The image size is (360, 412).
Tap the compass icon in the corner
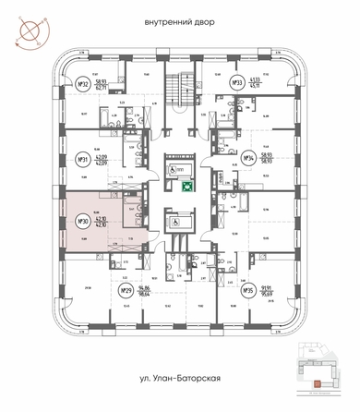point(27,27)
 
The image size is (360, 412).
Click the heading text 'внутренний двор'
point(180,22)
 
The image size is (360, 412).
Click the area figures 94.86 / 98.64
point(144,291)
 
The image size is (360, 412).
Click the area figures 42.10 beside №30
point(102,222)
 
